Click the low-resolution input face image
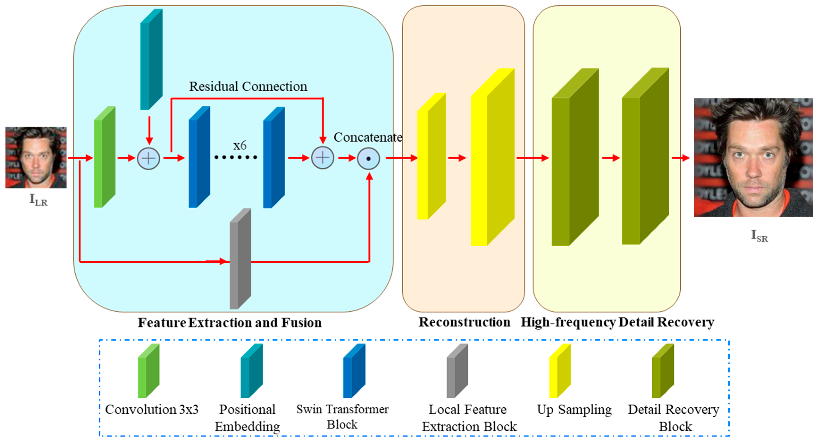coord(36,157)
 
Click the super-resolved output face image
coord(753,157)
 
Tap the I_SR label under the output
coord(759,236)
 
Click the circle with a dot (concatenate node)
coord(368,158)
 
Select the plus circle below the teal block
coord(148,158)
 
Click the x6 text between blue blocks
coord(240,145)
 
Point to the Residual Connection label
coord(248,86)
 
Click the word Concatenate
coord(368,137)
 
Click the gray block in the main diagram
coord(240,259)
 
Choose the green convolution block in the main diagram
coord(104,157)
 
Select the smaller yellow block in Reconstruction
coord(431,156)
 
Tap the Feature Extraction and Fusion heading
coord(230,323)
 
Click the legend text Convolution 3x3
coord(152,409)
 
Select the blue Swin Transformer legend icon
coord(354,371)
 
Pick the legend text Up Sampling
coord(574,409)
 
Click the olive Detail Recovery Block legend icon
coord(663,371)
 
